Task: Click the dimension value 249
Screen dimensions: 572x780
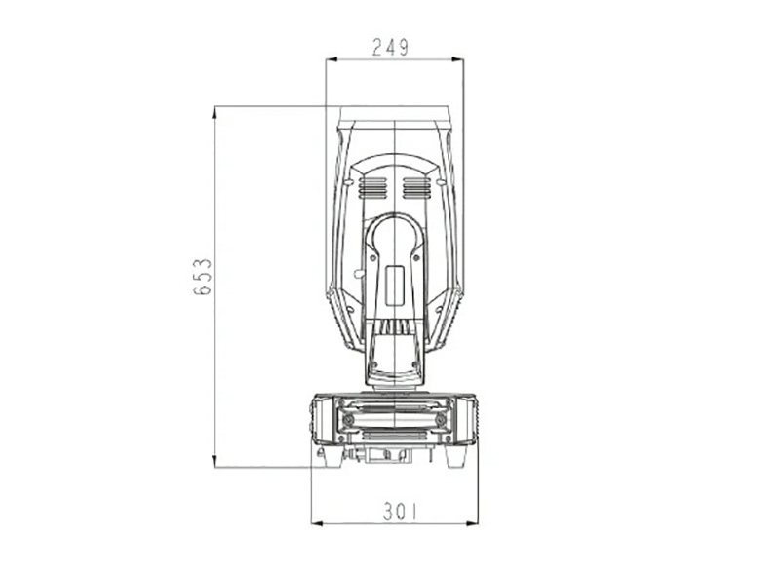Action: [391, 46]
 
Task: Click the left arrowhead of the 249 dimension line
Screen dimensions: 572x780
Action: [331, 59]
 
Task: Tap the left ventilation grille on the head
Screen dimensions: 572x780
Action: [371, 187]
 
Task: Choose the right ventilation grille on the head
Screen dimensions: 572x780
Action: [416, 187]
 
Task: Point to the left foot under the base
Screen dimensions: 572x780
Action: [329, 456]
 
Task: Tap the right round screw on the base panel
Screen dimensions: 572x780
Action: [442, 419]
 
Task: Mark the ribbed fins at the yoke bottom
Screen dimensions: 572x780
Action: [394, 327]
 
